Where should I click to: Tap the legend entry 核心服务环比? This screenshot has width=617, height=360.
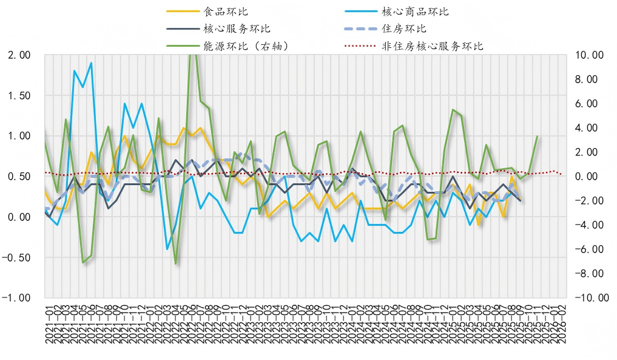(x=237, y=29)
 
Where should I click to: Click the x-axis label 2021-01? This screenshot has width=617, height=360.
(x=48, y=325)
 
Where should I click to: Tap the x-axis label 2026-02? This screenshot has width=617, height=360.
(x=563, y=325)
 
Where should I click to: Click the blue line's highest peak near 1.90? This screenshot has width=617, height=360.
(x=91, y=63)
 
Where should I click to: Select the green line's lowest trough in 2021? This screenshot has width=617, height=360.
(x=83, y=262)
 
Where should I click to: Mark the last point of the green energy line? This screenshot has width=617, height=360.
(x=538, y=136)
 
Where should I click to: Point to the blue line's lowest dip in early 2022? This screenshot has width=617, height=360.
(x=167, y=249)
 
